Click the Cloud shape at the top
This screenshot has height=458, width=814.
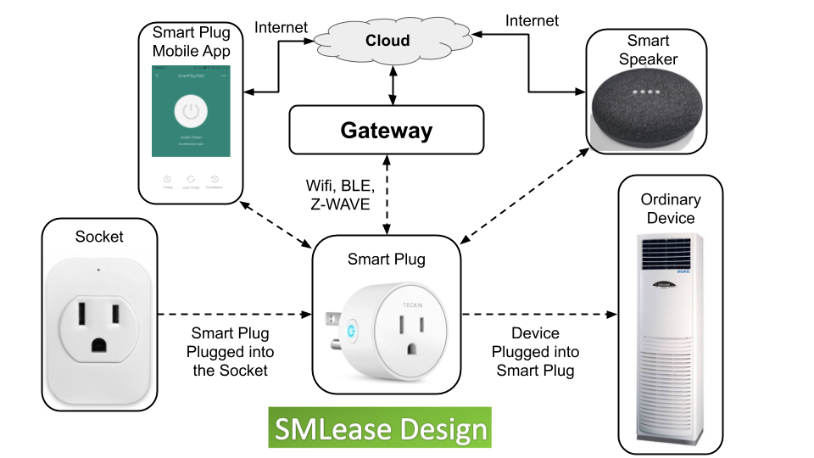[387, 40]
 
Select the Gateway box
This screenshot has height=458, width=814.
[386, 130]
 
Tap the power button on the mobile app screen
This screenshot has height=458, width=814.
[192, 111]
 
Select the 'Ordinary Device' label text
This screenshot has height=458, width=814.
[670, 209]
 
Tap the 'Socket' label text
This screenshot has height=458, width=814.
[99, 237]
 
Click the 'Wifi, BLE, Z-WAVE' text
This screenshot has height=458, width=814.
[339, 195]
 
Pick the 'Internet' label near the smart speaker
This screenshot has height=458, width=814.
[532, 19]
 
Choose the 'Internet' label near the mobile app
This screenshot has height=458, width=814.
[282, 28]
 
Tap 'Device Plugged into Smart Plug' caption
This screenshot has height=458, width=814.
[537, 352]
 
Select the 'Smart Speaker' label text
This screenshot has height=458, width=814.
[647, 49]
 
